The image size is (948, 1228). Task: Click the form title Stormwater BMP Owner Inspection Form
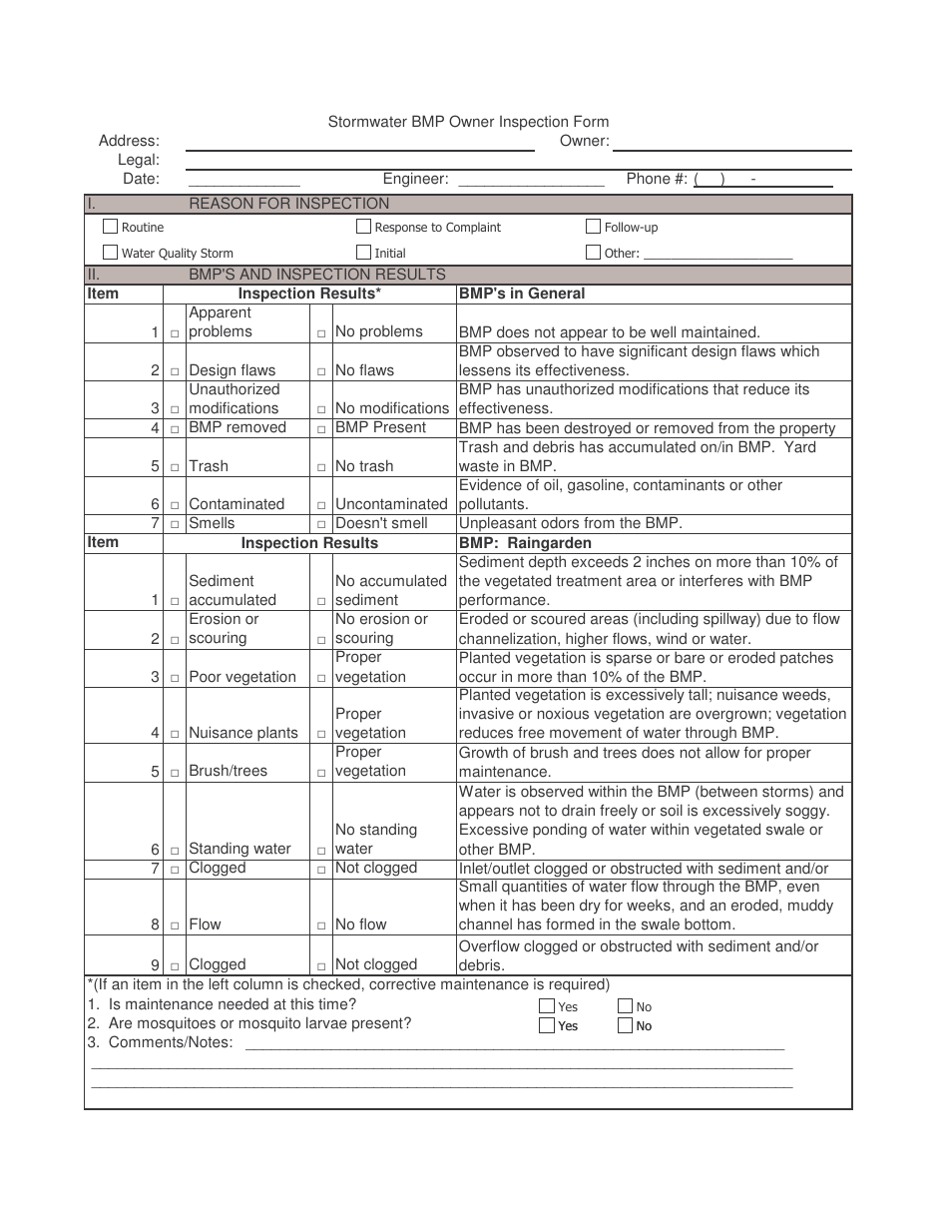[x=468, y=122]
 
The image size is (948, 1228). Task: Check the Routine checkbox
[x=111, y=227]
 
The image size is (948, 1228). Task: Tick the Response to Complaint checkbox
[x=364, y=227]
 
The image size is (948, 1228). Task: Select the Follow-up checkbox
[x=594, y=227]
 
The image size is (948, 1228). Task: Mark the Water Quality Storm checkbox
[x=111, y=253]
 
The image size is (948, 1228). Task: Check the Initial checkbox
[x=364, y=253]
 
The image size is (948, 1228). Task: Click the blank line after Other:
[x=718, y=257]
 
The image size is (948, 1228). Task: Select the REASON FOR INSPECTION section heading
[x=289, y=204]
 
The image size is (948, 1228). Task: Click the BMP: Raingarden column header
[x=525, y=543]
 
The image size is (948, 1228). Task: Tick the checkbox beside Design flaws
[x=175, y=371]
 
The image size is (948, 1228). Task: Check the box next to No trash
[x=321, y=467]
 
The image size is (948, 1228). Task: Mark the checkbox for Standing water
[x=175, y=851]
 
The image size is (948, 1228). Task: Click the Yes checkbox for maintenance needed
[x=547, y=1006]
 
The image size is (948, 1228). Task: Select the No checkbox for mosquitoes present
[x=625, y=1025]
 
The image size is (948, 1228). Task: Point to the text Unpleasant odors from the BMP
[x=557, y=523]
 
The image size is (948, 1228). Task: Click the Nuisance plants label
[x=243, y=733]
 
